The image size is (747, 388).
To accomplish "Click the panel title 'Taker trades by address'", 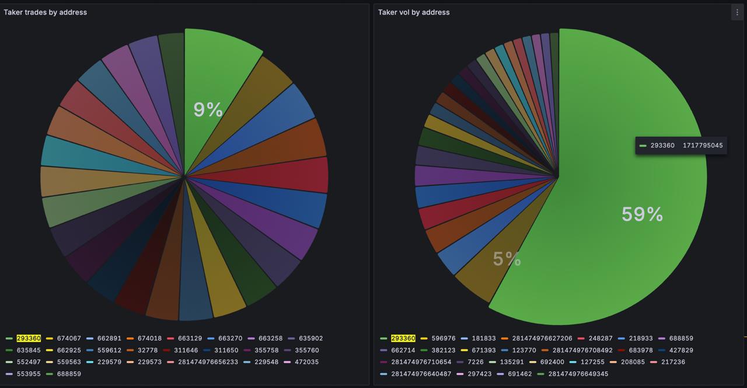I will (45, 12).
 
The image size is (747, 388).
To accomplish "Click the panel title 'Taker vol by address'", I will (414, 12).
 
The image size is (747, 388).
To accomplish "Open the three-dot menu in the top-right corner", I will (737, 12).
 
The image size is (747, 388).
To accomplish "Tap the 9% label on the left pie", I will (208, 109).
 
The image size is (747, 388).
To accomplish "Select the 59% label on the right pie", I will (642, 214).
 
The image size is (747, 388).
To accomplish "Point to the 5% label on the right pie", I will (507, 259).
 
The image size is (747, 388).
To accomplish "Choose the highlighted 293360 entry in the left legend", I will (29, 338).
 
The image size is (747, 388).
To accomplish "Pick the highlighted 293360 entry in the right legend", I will (403, 338).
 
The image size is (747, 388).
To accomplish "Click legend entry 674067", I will (69, 338).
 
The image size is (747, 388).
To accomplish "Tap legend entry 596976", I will (444, 338).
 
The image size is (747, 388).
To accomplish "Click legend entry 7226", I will (476, 362).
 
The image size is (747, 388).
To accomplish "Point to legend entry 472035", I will (307, 362).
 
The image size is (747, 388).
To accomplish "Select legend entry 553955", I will (29, 374).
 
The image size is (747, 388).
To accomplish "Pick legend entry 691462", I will (519, 374).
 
